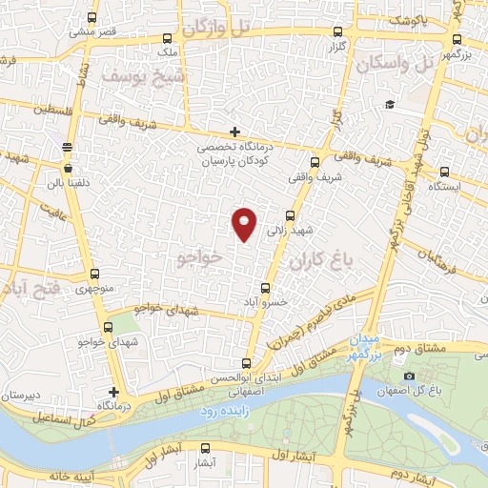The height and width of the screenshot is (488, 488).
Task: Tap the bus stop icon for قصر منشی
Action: point(91,18)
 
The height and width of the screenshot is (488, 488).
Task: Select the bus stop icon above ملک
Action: point(168,40)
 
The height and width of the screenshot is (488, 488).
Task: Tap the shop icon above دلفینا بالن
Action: point(67,146)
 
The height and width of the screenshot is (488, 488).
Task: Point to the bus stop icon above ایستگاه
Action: point(445,172)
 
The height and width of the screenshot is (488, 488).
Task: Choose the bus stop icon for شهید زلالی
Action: point(292,215)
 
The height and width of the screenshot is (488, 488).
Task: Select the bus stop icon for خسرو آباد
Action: point(266,287)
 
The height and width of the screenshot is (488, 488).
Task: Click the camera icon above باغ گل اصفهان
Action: point(409,351)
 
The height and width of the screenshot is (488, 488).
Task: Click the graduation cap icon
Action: point(389,105)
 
